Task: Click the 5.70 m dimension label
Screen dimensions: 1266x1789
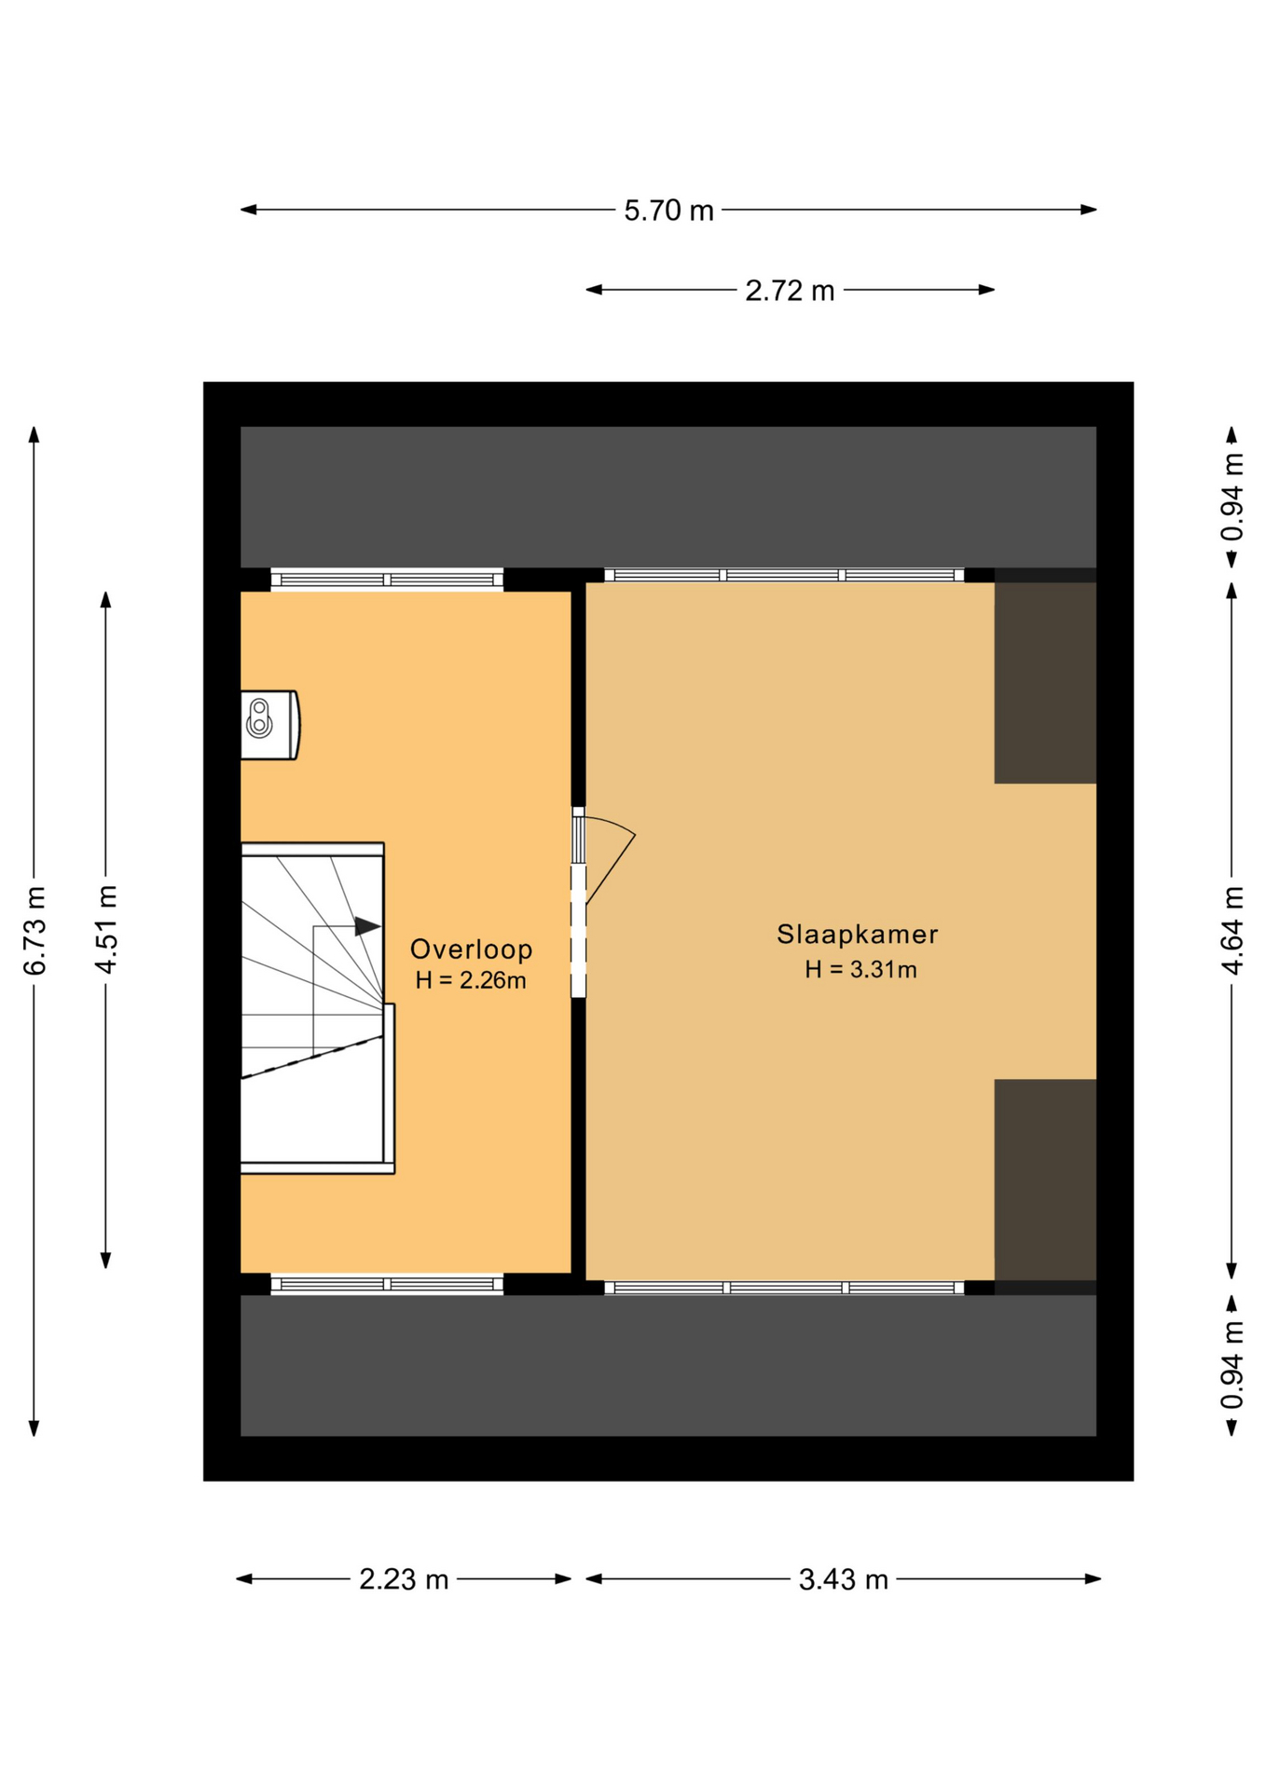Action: (x=668, y=211)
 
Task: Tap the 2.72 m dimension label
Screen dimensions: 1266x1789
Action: (x=790, y=291)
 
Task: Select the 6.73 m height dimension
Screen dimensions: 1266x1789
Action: (x=34, y=931)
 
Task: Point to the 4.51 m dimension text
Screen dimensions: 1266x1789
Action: (x=106, y=930)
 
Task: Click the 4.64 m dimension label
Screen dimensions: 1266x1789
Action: (x=1232, y=931)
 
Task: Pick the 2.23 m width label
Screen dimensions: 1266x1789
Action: (x=404, y=1579)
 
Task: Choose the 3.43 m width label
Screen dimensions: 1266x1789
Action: (x=843, y=1579)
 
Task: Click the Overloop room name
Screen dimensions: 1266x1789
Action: (x=471, y=949)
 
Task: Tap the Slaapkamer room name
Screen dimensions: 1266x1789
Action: (x=857, y=934)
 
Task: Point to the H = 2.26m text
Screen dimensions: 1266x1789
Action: (x=471, y=980)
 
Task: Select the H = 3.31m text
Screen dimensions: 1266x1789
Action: (x=860, y=969)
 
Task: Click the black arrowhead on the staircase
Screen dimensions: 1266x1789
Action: (x=367, y=926)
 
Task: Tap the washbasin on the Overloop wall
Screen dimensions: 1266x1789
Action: (x=269, y=725)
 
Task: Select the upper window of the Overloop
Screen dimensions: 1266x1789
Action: (x=387, y=580)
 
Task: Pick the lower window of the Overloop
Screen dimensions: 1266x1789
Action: (x=387, y=1285)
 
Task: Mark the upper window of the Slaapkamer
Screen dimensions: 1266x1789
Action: (x=784, y=575)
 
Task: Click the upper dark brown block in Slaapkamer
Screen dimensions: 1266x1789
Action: (x=1045, y=683)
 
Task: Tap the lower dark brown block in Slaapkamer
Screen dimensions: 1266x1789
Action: (x=1045, y=1180)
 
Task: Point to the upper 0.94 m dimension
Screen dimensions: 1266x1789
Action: (x=1232, y=497)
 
